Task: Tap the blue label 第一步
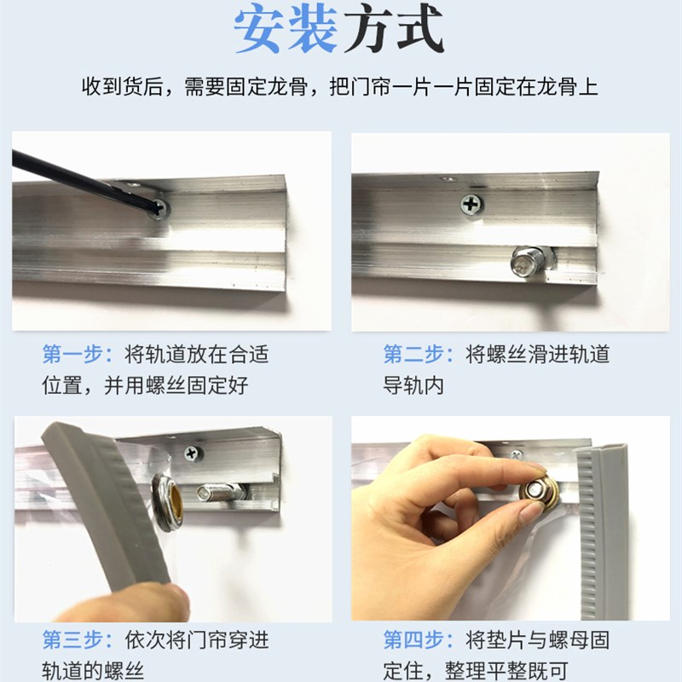point(75,354)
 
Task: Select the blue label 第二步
point(416,354)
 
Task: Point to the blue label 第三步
point(75,639)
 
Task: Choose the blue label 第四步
point(416,639)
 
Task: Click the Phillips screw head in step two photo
point(471,204)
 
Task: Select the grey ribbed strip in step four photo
point(601,529)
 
